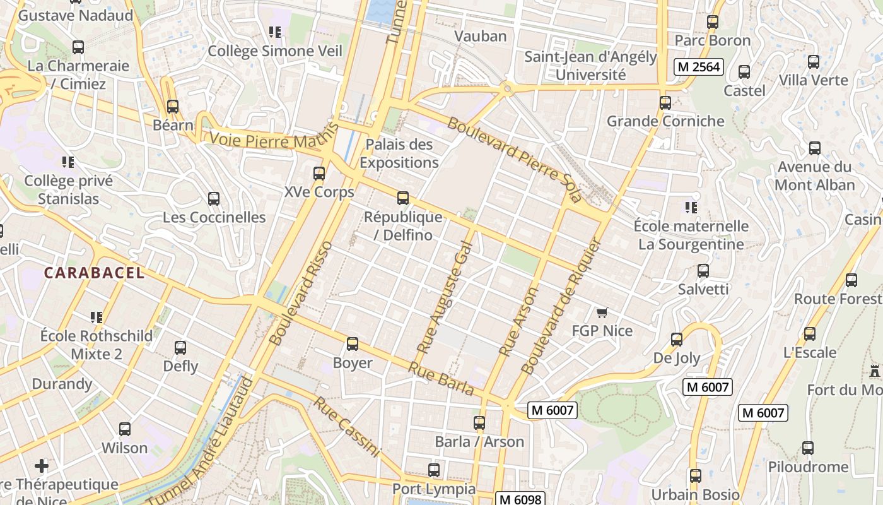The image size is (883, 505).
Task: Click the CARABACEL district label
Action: [x=94, y=273]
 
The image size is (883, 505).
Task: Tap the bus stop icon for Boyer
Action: [x=353, y=344]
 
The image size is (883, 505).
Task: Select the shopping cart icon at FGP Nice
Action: [x=602, y=312]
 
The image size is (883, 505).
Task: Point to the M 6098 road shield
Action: [x=520, y=499]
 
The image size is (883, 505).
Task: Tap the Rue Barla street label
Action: [x=441, y=379]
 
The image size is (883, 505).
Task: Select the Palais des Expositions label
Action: [x=399, y=153]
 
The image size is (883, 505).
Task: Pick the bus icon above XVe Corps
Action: [x=319, y=173]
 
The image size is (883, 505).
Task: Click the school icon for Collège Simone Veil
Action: [x=274, y=32]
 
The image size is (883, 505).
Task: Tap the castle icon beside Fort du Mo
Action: [x=874, y=371]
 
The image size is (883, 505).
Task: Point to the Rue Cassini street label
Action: [x=348, y=427]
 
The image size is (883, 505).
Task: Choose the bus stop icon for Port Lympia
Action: [x=434, y=470]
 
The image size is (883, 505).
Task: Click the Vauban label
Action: [x=481, y=36]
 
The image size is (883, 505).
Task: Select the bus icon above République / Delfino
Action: [x=403, y=198]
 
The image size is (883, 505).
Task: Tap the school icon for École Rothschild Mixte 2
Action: [x=96, y=317]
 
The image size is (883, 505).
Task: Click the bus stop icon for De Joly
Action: [x=677, y=340]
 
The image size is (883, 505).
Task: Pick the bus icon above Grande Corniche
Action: [x=665, y=102]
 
